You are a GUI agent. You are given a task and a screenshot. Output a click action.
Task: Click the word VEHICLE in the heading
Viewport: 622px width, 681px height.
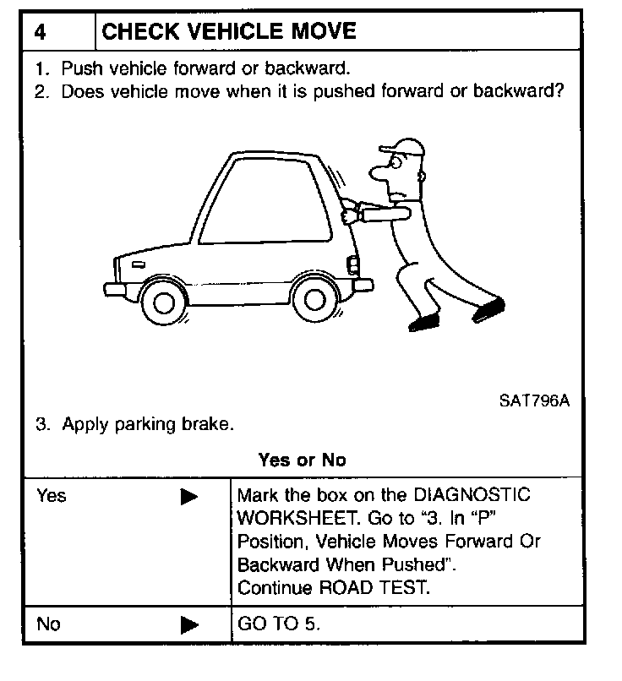point(218,32)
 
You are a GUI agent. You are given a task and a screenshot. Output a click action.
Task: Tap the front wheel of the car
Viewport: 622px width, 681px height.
point(165,298)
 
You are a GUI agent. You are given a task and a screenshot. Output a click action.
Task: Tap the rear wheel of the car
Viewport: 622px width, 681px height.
point(314,298)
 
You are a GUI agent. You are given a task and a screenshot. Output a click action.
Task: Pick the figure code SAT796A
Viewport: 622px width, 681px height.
point(533,400)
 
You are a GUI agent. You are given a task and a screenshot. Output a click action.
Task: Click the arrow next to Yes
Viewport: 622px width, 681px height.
point(188,496)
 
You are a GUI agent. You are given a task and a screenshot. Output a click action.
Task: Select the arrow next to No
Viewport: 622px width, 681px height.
point(188,626)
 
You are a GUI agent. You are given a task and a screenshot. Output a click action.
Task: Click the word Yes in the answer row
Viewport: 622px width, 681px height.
point(52,496)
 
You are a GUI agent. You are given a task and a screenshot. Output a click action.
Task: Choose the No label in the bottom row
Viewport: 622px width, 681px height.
point(49,625)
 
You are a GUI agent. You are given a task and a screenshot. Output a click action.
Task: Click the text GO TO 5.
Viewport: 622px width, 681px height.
point(279,625)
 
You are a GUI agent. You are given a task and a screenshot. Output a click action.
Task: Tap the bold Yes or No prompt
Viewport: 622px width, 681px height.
point(303,460)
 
